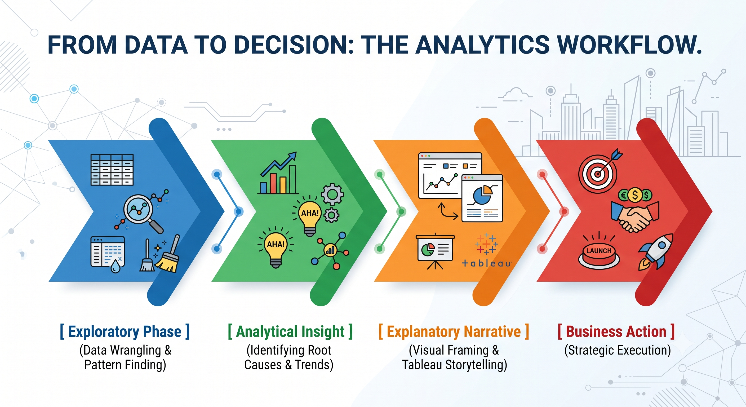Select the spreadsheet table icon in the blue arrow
[112, 170]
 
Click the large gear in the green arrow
[332, 195]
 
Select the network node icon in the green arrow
[330, 251]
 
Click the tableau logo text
[487, 263]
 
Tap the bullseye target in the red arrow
[598, 174]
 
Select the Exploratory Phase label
[125, 332]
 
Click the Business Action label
[616, 332]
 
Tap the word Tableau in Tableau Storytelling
[422, 365]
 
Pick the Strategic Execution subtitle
[618, 350]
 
